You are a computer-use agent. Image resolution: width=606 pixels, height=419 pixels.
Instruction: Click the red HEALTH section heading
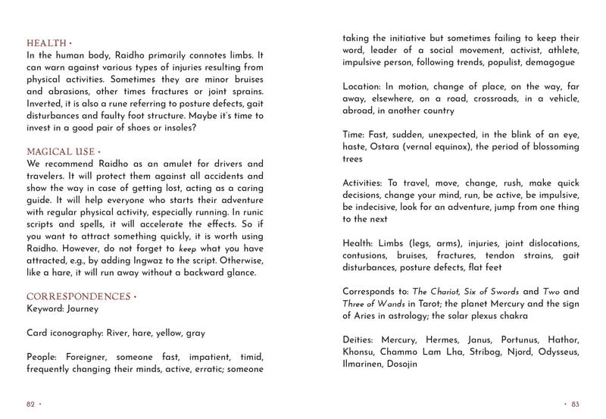[46, 42]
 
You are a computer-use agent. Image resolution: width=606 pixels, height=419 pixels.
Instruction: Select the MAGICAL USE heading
[61, 152]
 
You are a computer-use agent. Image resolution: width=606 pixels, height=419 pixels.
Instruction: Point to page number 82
[31, 403]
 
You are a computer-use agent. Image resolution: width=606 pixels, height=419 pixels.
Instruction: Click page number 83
[575, 403]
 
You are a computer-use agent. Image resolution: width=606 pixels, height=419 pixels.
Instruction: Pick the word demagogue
[547, 62]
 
